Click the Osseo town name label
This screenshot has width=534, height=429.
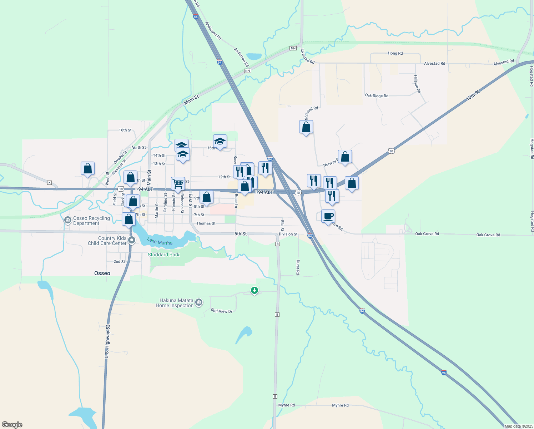click(x=102, y=273)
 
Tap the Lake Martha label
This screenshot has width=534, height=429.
click(x=160, y=242)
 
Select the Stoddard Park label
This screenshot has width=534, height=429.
click(x=163, y=255)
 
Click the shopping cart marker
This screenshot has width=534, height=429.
click(x=178, y=184)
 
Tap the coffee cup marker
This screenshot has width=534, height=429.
click(x=328, y=216)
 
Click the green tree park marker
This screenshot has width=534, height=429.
click(x=254, y=290)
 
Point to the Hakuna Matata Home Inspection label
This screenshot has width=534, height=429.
click(x=175, y=303)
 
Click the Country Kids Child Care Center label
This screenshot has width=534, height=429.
click(x=107, y=241)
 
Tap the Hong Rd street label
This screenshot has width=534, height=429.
click(x=395, y=53)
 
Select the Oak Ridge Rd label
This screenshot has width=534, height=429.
click(x=376, y=96)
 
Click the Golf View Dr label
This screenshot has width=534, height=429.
click(x=221, y=311)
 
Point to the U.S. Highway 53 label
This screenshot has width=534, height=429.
click(x=107, y=341)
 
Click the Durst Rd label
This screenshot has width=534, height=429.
click(x=298, y=267)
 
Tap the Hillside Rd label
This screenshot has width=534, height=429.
click(x=417, y=84)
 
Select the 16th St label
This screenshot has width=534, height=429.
click(x=125, y=130)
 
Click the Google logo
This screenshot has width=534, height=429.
click(x=12, y=425)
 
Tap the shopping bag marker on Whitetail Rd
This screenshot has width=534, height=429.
click(x=306, y=127)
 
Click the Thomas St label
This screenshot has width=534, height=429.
click(x=206, y=223)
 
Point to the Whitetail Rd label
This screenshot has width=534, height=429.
click(x=311, y=113)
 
